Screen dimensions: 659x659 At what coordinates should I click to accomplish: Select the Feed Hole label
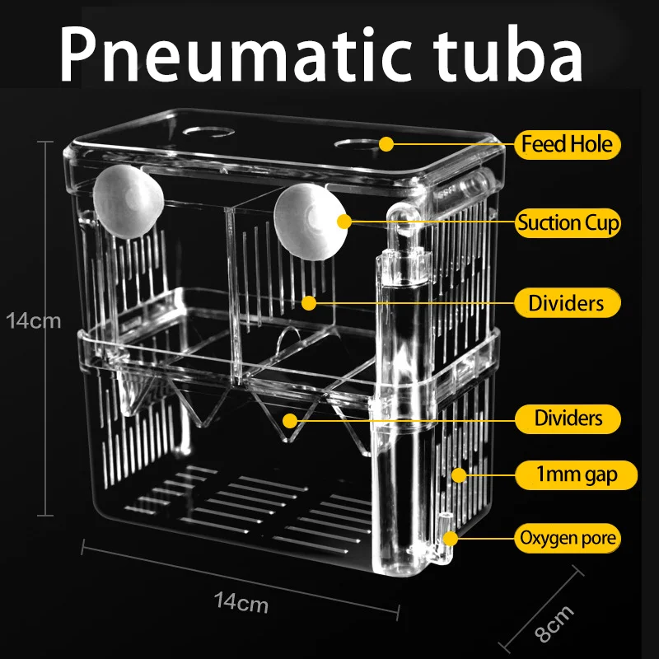tap(568, 145)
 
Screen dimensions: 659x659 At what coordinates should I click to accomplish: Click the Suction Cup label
tap(568, 222)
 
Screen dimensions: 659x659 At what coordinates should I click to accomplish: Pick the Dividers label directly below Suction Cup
tap(567, 303)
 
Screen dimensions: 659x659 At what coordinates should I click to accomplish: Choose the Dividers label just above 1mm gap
tap(567, 418)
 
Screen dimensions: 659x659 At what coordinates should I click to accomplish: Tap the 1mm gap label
tap(567, 474)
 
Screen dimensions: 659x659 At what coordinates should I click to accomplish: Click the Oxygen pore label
tap(568, 540)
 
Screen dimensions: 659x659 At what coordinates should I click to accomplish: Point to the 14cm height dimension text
tap(33, 320)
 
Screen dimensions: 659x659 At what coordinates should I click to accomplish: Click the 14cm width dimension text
tap(241, 603)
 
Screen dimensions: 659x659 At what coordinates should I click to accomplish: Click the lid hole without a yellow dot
tap(196, 131)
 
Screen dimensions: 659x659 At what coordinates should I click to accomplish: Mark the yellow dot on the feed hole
tap(385, 145)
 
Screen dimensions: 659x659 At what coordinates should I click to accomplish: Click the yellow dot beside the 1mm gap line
tap(460, 474)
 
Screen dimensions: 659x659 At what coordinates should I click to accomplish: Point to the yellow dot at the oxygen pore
tap(451, 540)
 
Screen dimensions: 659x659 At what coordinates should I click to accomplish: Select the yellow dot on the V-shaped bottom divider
tap(288, 419)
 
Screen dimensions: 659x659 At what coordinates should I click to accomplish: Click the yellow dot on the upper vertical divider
tap(308, 302)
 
